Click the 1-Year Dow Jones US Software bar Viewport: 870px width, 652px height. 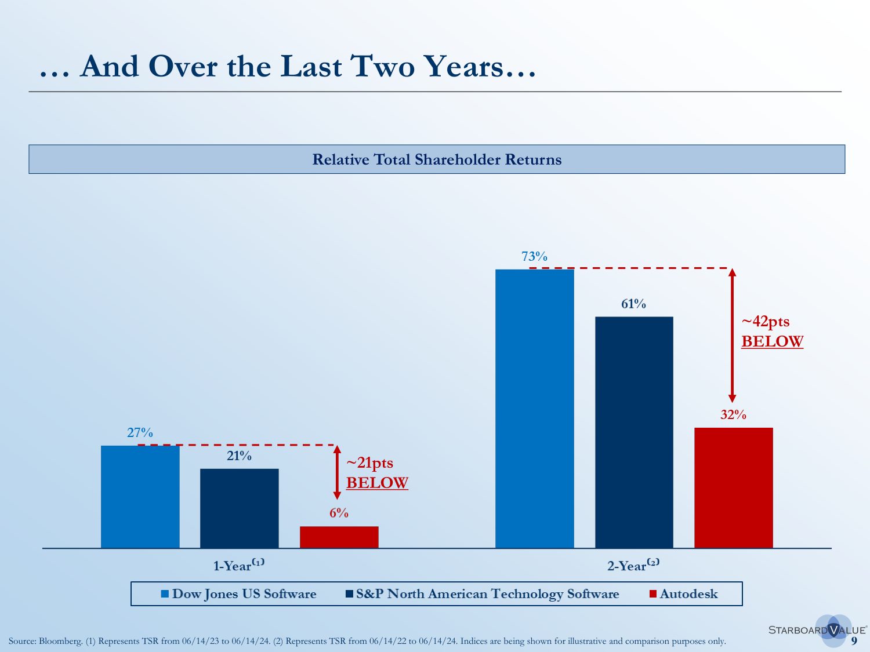pyautogui.click(x=140, y=497)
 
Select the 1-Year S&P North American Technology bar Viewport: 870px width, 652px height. pyautogui.click(x=239, y=508)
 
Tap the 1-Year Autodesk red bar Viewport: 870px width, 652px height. pyautogui.click(x=339, y=537)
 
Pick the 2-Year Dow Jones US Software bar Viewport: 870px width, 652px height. pyautogui.click(x=534, y=409)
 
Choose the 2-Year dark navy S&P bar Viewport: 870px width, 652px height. pyautogui.click(x=634, y=432)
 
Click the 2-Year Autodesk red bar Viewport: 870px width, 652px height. pyautogui.click(x=733, y=488)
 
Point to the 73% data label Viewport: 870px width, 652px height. pyautogui.click(x=534, y=256)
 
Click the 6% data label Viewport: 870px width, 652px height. pyautogui.click(x=339, y=513)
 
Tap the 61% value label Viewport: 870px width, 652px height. pyautogui.click(x=633, y=304)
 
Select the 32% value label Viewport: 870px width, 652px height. pyautogui.click(x=733, y=414)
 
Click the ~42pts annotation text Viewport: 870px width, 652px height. pyautogui.click(x=766, y=322)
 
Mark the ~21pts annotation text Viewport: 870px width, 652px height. pyautogui.click(x=370, y=463)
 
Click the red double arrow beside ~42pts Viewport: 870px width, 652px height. pyautogui.click(x=732, y=336)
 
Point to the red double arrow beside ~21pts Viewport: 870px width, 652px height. pyautogui.click(x=337, y=472)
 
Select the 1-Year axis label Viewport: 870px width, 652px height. pyautogui.click(x=238, y=565)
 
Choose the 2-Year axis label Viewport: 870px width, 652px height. pyautogui.click(x=633, y=565)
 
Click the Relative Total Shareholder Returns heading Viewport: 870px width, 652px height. pyautogui.click(x=437, y=159)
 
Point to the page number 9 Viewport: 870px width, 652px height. pyautogui.click(x=854, y=641)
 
